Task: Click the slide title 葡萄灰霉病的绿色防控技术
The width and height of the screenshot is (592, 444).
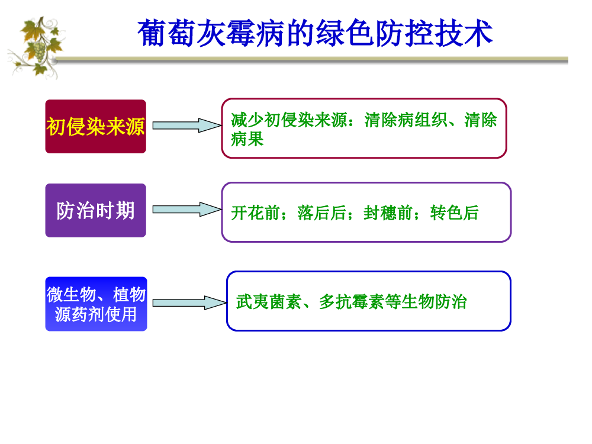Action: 315,33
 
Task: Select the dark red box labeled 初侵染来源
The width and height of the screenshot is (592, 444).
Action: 95,126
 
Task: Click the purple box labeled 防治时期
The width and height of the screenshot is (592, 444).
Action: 95,210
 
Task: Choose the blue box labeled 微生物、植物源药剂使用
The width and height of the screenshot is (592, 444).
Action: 96,304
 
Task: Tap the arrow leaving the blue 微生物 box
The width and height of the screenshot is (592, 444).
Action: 186,303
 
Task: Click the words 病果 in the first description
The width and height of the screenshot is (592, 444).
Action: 247,140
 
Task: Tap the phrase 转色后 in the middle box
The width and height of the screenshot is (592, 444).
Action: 454,213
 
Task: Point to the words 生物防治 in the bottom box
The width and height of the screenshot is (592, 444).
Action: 435,302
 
